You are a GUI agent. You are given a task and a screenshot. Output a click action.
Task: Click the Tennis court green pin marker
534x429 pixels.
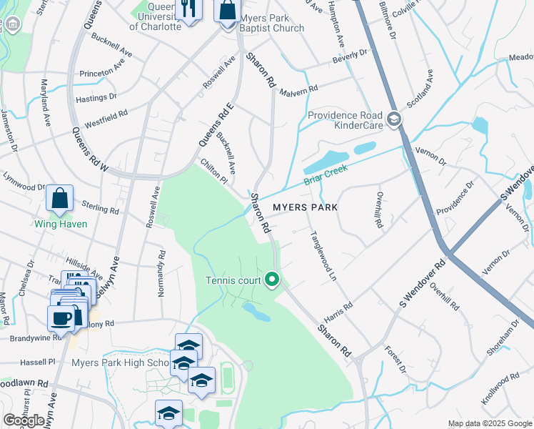pyautogui.click(x=271, y=280)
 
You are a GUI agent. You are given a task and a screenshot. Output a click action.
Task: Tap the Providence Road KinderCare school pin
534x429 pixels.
pyautogui.click(x=393, y=119)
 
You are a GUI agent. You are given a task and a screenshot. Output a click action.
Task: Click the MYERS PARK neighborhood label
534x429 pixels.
pyautogui.click(x=304, y=207)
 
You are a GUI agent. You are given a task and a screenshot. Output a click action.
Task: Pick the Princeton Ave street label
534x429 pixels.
pyautogui.click(x=106, y=72)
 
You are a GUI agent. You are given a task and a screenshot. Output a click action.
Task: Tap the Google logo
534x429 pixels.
pyautogui.click(x=24, y=420)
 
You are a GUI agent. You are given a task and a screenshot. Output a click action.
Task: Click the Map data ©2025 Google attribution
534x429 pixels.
pyautogui.click(x=489, y=423)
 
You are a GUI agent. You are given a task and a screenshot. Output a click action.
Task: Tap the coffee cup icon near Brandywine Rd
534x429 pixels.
pyautogui.click(x=60, y=319)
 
